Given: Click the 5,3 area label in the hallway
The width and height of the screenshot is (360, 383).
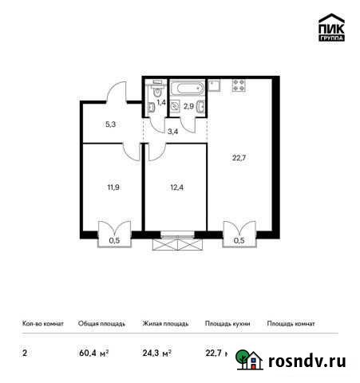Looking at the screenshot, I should coord(112,124).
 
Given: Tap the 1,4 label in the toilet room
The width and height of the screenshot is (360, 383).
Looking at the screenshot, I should coord(160,102).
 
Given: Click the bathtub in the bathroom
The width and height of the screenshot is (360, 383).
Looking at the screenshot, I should coord(187,85).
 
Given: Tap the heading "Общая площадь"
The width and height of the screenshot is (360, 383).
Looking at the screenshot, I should coord(102,324).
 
